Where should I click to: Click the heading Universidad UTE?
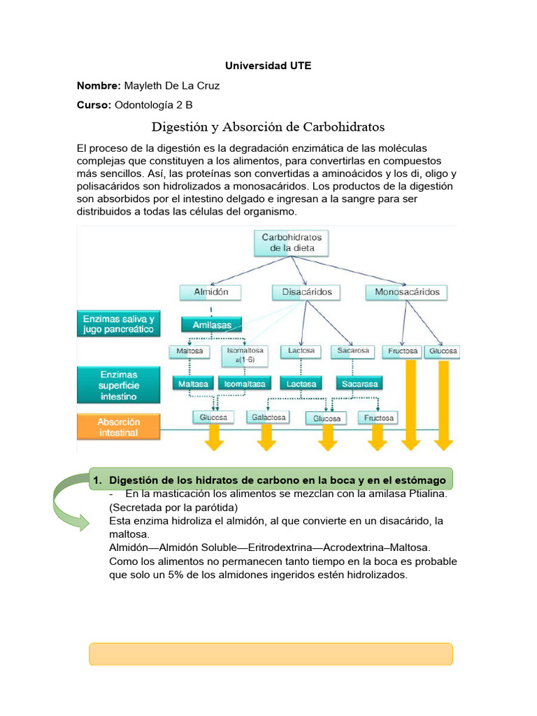pos(268,66)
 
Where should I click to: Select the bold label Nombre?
pos(99,85)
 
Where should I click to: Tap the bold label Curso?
pos(94,105)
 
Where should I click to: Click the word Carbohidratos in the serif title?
pos(343,127)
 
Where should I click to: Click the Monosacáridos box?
pos(407,292)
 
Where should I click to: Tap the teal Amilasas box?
pos(211,324)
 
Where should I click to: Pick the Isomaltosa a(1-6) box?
pos(242,355)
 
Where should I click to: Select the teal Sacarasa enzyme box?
pos(358,383)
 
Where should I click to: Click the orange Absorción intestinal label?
pos(118,427)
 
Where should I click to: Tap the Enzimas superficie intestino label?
pos(118,386)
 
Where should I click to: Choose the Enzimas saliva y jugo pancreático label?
pos(118,323)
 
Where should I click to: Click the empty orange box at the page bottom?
pos(271,654)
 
